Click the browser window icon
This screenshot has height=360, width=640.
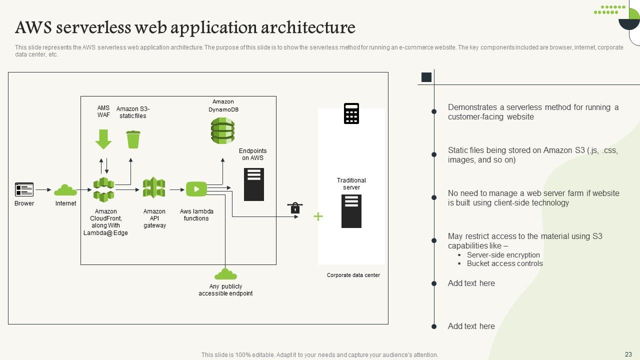(x=24, y=189)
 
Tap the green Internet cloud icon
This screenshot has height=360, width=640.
(x=65, y=190)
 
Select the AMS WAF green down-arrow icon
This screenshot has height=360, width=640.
(x=103, y=139)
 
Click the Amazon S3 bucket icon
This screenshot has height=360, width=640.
(x=133, y=139)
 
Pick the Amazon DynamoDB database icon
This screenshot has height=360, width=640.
(x=222, y=130)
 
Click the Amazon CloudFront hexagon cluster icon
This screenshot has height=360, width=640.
(x=104, y=189)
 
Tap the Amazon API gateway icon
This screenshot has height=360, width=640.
(x=154, y=188)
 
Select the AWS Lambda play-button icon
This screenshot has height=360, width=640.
(x=196, y=189)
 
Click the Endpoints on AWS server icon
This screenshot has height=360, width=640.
(x=253, y=184)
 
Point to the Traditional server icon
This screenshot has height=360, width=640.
(x=351, y=211)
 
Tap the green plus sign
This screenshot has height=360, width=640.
(x=318, y=216)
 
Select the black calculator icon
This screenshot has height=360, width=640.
(x=351, y=113)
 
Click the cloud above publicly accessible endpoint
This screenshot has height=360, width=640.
(x=225, y=274)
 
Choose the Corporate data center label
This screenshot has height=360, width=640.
(x=353, y=275)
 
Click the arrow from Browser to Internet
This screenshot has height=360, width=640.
(x=43, y=190)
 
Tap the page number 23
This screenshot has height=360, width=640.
(x=628, y=354)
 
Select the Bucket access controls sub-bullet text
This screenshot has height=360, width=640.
(x=504, y=263)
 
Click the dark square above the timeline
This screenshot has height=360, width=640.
(x=426, y=77)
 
